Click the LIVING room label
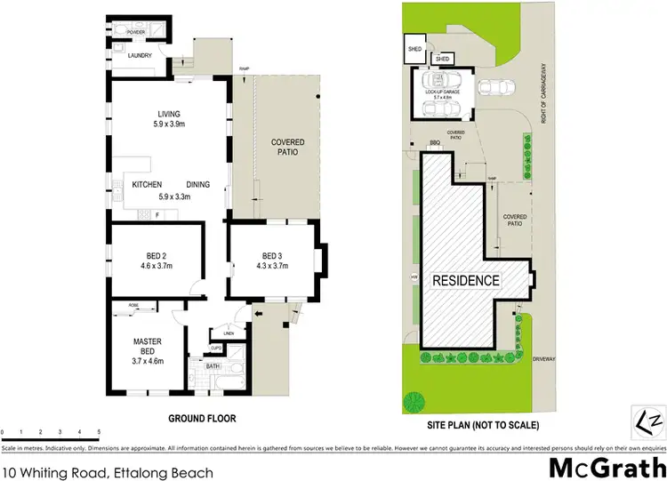point(169,114)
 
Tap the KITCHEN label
point(146,184)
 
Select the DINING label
point(197,184)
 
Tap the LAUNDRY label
point(140,56)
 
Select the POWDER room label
point(135,32)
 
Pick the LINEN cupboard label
point(228,333)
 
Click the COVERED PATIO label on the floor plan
point(287,147)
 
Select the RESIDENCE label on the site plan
point(465,280)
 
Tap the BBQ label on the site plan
point(435,142)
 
